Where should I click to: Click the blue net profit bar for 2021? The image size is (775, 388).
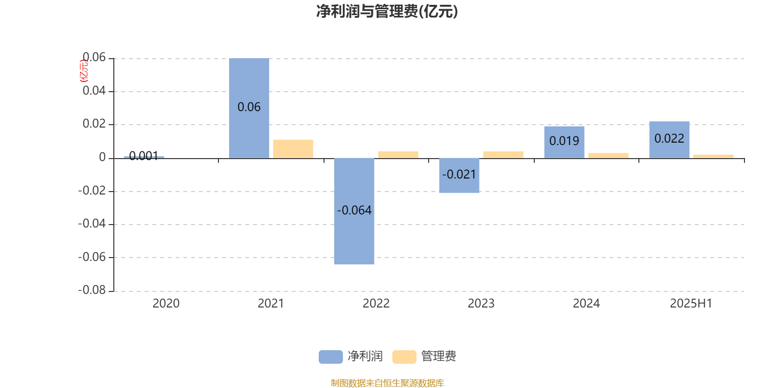pos(249,108)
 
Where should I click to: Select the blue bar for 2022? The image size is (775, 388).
pos(354,211)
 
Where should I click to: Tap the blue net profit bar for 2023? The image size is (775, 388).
pos(459,175)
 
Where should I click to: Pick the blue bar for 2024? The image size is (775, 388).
pos(564,143)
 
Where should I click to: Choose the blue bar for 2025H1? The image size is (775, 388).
pos(669,140)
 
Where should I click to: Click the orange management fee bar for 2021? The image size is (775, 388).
pos(293,149)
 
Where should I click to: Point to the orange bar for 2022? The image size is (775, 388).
pos(398,155)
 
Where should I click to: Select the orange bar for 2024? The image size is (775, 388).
pos(608,156)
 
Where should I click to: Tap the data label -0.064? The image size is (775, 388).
pos(354,210)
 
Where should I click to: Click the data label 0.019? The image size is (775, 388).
pos(564,141)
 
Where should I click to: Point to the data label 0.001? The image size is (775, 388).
pos(143,156)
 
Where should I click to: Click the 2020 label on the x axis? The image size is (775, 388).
pos(166,304)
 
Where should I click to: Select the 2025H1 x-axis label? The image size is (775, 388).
pos(691,304)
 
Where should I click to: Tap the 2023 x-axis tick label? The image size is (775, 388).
pos(481,304)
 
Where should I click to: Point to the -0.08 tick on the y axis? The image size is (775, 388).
pos(92,291)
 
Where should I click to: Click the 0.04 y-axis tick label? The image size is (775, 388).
pos(94,91)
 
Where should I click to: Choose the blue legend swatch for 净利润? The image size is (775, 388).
pos(331,357)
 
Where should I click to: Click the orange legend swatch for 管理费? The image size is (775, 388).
pos(404,357)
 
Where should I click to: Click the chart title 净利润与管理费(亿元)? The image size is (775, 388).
pos(387,12)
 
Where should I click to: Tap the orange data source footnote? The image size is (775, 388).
pos(387,383)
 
